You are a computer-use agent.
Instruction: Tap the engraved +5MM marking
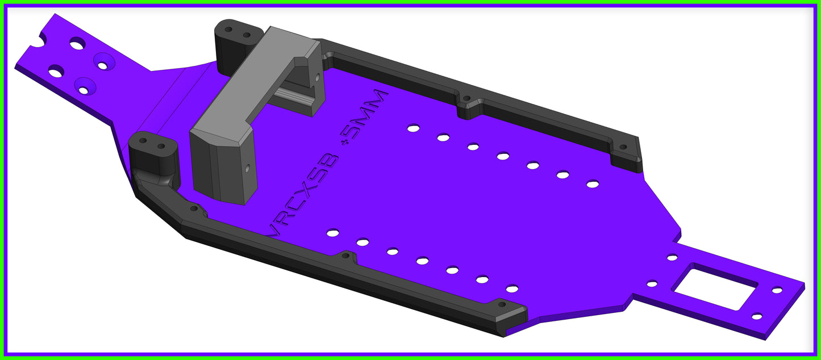(x=364, y=119)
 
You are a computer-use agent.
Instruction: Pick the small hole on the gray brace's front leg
(x=247, y=168)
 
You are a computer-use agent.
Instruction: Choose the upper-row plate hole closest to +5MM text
(x=413, y=128)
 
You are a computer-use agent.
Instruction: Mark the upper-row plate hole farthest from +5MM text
(x=593, y=184)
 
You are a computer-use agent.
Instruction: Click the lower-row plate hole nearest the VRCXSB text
(x=333, y=233)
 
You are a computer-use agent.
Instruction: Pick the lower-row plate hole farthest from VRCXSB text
(x=512, y=289)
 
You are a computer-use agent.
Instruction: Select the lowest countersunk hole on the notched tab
(x=84, y=90)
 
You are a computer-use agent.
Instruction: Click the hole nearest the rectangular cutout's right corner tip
(x=777, y=290)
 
